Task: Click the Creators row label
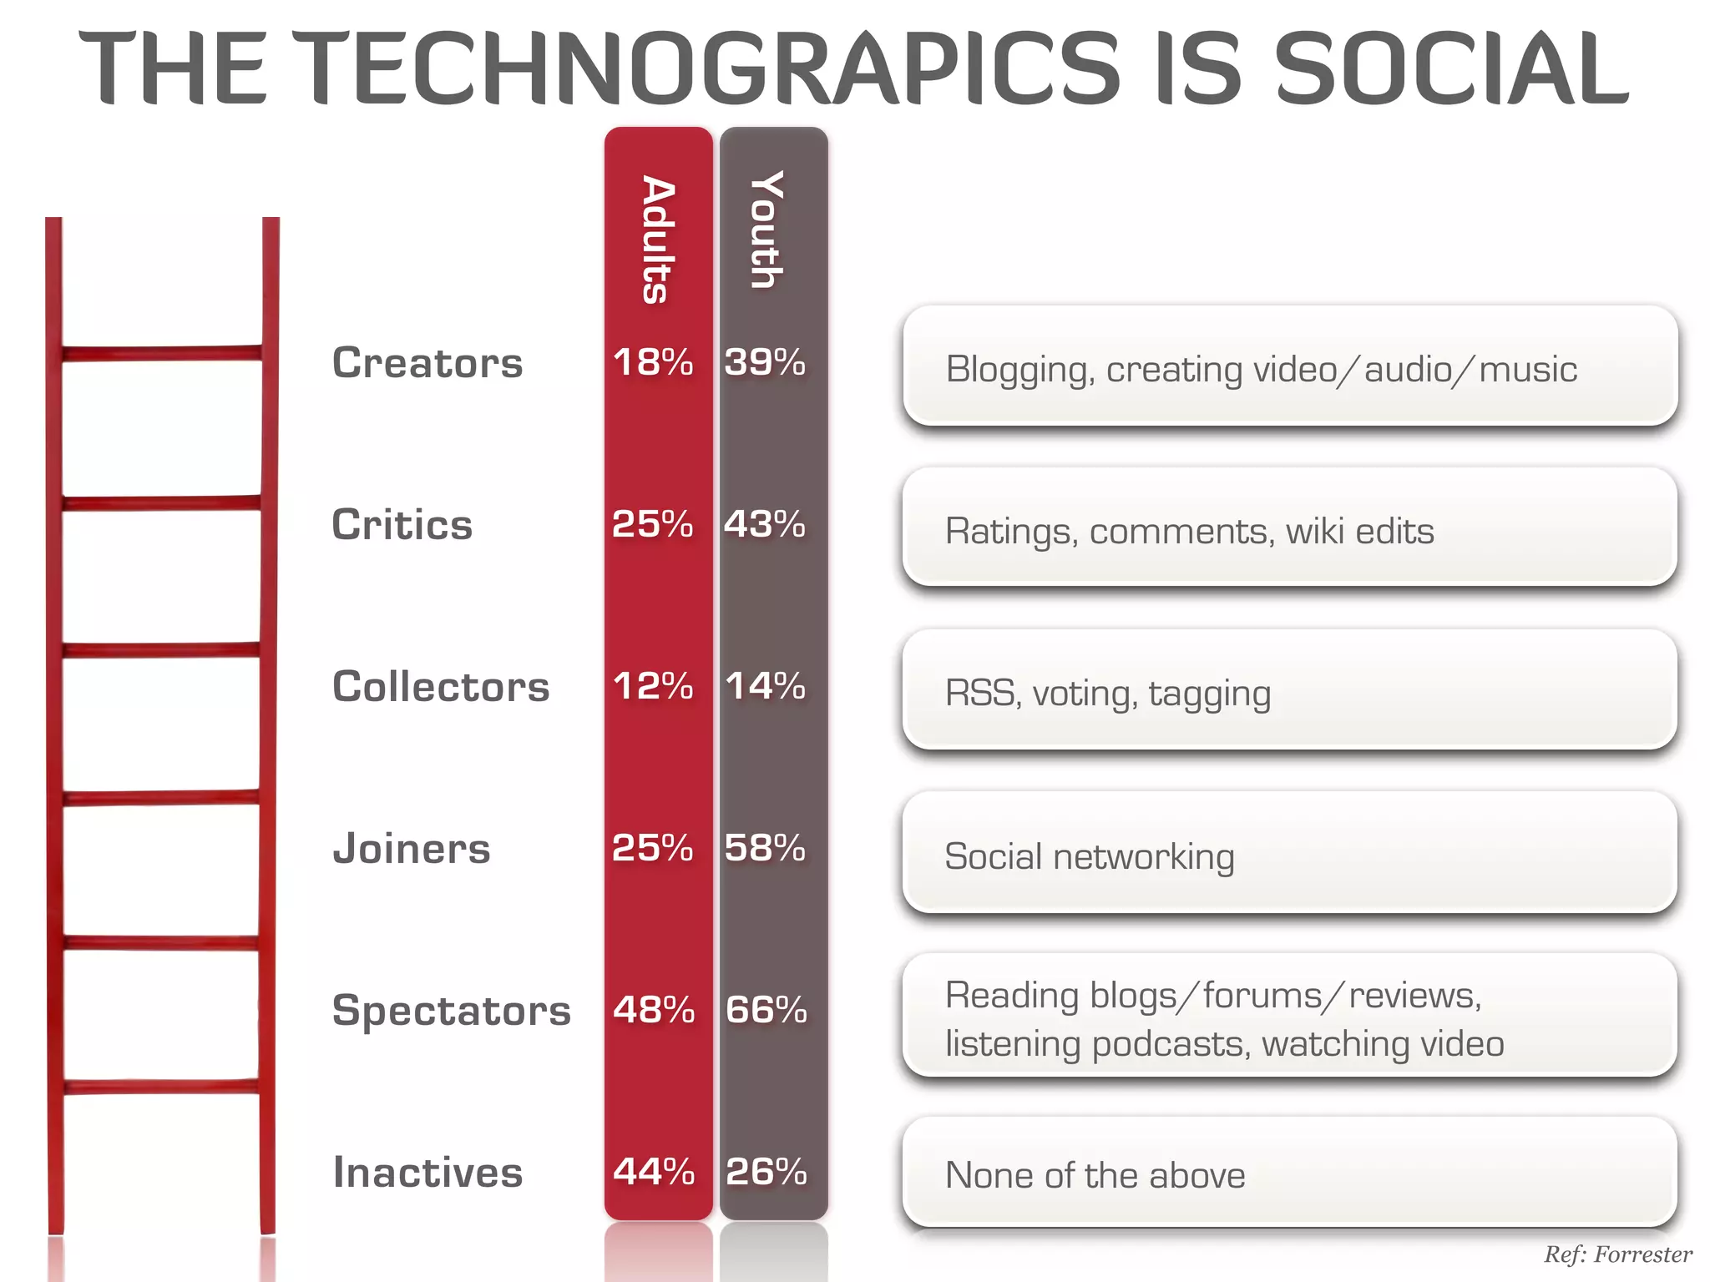coord(427,363)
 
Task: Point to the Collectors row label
coord(441,687)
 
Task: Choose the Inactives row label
coord(427,1173)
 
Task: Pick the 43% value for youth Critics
coord(765,525)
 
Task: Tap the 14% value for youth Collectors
coord(765,687)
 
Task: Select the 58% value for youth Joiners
coord(765,849)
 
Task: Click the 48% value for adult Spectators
coord(654,1011)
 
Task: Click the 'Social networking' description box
coord(1290,853)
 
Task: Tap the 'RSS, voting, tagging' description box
coord(1290,690)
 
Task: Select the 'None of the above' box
coord(1290,1173)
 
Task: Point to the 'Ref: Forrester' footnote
coord(1617,1254)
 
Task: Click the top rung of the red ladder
coord(162,353)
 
